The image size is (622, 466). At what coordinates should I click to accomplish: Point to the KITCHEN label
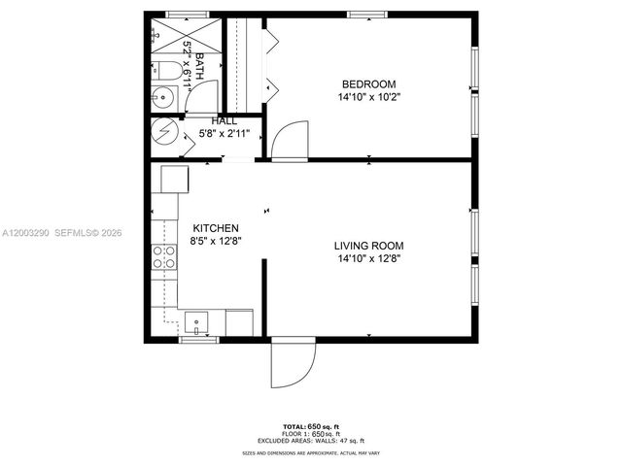tap(215, 228)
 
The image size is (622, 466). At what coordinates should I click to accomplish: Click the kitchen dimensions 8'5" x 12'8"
tap(215, 243)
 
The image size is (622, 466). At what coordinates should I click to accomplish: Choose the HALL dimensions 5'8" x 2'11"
tap(224, 133)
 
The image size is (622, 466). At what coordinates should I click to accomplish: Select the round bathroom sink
tap(162, 97)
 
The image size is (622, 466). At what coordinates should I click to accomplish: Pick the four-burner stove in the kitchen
tap(163, 256)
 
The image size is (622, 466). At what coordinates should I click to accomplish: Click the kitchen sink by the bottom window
tap(197, 319)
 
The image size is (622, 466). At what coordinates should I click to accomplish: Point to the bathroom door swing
tap(204, 97)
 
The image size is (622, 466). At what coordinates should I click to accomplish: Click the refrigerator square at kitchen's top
tap(175, 180)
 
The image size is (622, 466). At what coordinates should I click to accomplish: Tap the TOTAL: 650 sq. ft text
tap(310, 427)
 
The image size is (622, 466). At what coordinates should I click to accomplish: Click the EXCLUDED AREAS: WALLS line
tap(310, 441)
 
